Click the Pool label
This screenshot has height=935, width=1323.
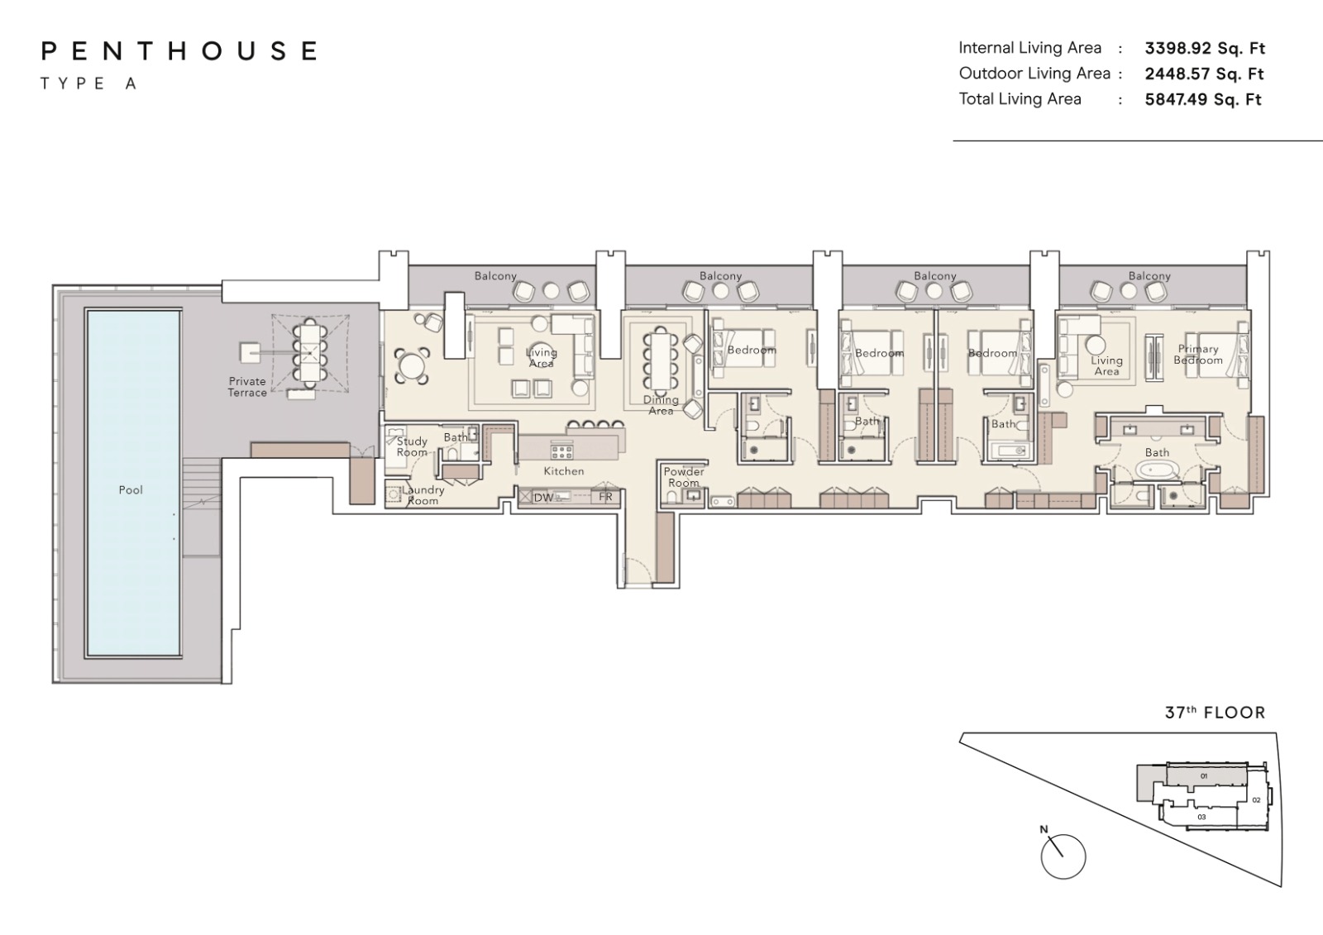(131, 489)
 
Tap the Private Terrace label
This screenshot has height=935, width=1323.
(247, 387)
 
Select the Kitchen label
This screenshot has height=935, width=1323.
(564, 470)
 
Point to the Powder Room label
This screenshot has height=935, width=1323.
(684, 477)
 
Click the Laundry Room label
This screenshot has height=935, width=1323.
(423, 495)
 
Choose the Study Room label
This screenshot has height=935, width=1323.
(412, 446)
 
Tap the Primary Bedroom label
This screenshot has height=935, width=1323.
(1198, 355)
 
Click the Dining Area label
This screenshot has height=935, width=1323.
(661, 405)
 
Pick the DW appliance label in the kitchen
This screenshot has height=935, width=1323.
(543, 498)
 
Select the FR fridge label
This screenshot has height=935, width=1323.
(605, 497)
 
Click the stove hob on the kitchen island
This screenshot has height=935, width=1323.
(561, 452)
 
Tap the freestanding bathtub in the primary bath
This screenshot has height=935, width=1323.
(1157, 470)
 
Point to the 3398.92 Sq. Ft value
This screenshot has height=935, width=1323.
(1205, 48)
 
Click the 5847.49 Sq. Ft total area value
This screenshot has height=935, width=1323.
(1203, 99)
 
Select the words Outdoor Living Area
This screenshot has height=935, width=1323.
(1034, 74)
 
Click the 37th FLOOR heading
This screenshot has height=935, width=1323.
(1215, 713)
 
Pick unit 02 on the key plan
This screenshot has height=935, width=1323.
(1256, 800)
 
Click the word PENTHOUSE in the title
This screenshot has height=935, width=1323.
(179, 50)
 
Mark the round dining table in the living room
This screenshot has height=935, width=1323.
(412, 366)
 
